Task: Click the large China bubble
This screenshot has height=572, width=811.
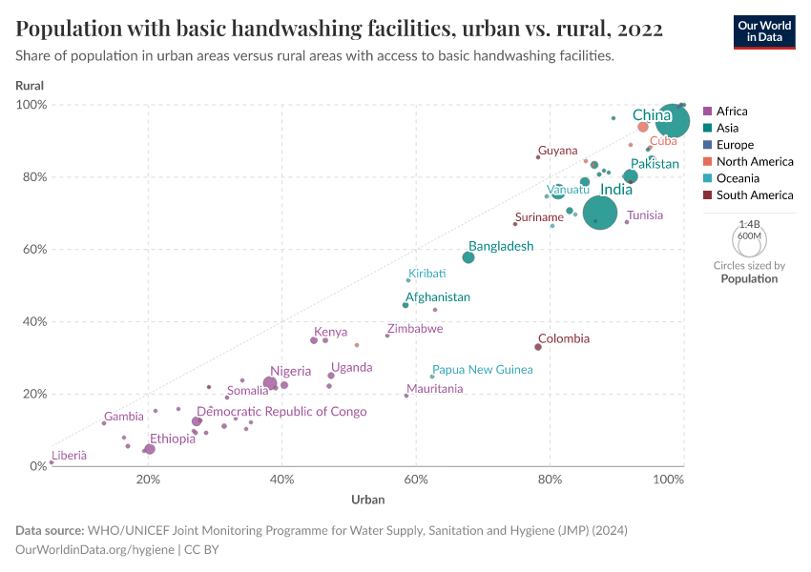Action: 674,121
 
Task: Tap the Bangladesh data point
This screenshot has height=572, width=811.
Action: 468,257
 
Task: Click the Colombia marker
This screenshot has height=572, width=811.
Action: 538,347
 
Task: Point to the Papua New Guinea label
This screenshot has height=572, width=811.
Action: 482,370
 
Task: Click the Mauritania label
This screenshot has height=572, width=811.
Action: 435,389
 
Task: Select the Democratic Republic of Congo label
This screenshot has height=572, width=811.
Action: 281,412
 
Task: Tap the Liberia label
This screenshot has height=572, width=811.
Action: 69,456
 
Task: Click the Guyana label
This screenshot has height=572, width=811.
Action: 557,151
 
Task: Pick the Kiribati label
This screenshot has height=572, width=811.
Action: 426,274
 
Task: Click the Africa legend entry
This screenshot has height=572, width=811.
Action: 731,112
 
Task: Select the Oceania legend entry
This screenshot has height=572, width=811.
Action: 738,178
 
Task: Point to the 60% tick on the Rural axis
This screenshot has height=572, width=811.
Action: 34,250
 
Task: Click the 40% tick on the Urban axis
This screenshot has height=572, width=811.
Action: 281,479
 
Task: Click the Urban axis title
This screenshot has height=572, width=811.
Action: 368,500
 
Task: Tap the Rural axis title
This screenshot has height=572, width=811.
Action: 30,86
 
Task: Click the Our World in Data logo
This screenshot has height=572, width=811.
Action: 764,31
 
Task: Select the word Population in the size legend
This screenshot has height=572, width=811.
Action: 749,279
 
